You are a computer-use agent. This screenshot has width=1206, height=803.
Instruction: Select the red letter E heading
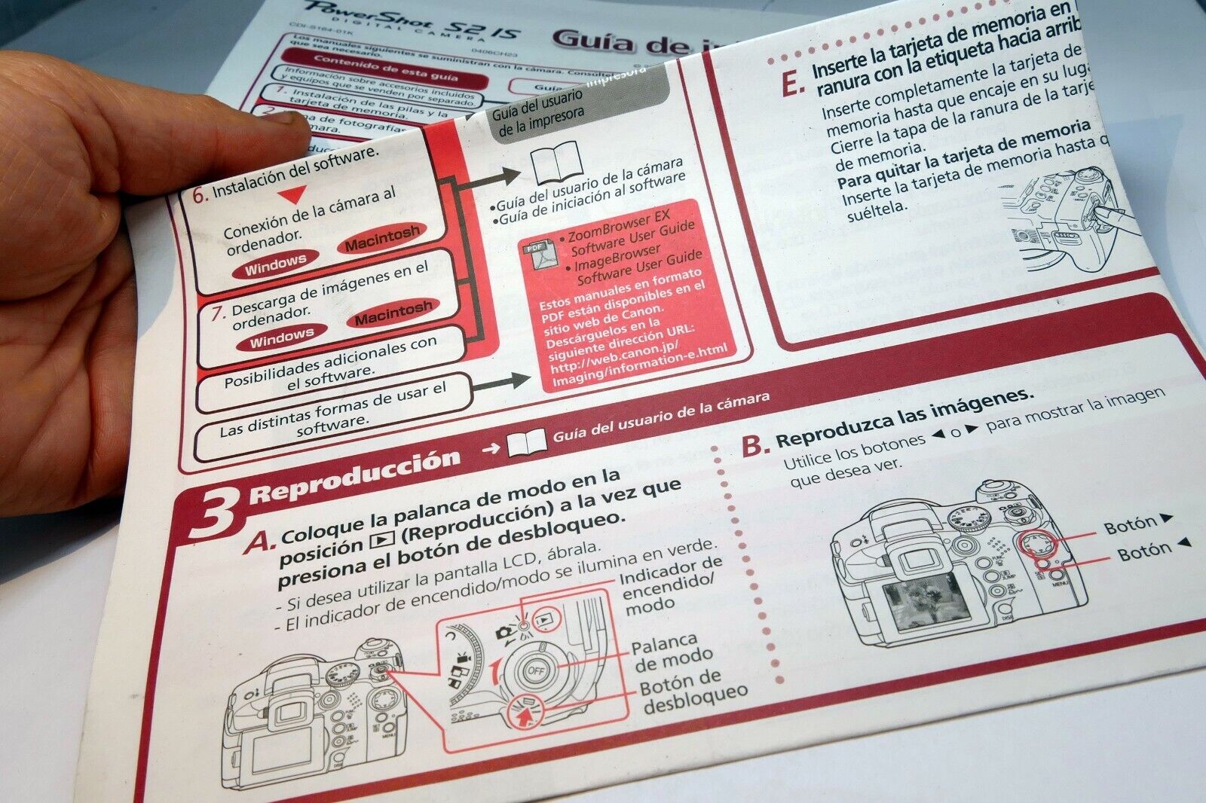(x=791, y=83)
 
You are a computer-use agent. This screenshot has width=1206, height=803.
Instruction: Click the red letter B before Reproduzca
(x=753, y=446)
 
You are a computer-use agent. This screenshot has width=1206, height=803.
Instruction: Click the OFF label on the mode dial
(x=536, y=669)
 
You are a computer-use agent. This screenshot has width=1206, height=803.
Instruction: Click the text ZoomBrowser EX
(x=618, y=223)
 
